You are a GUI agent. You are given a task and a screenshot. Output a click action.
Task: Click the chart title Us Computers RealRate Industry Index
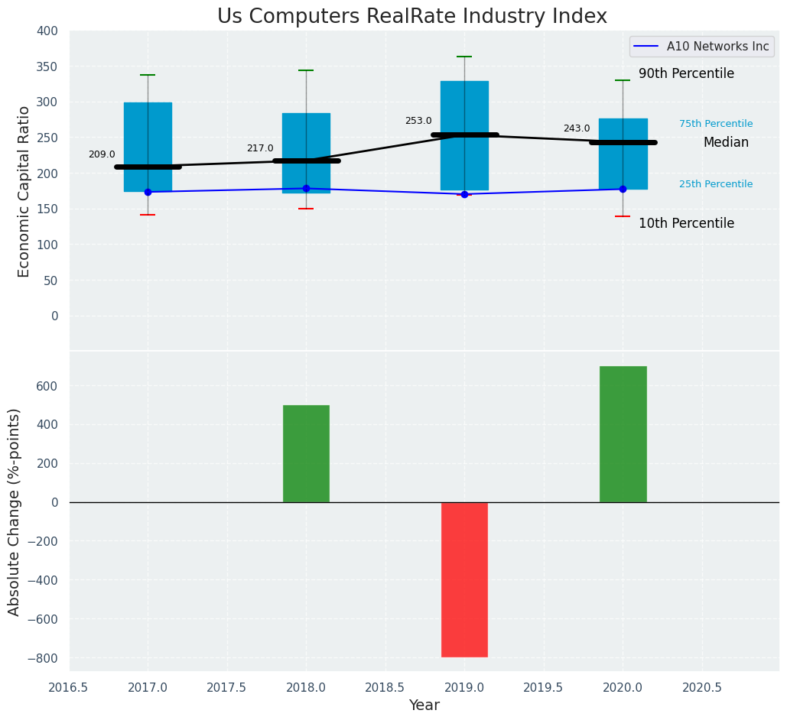point(411,17)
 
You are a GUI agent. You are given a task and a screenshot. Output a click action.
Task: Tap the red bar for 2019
point(464,579)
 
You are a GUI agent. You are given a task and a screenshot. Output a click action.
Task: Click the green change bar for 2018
point(306,454)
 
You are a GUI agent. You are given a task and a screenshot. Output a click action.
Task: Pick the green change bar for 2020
point(623,434)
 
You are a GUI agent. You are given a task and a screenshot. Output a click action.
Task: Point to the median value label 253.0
point(418,121)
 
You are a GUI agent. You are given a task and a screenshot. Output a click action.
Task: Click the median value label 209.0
point(102,154)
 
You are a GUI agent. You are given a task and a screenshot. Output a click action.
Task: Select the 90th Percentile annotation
point(686,74)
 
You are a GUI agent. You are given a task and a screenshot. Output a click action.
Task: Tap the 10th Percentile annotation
point(686,224)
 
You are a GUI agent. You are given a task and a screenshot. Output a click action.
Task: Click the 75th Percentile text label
point(715,124)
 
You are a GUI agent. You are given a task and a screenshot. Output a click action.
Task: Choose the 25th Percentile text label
point(715,184)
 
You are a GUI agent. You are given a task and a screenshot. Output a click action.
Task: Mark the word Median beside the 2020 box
point(726,143)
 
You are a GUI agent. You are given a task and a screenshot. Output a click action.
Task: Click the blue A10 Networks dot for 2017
point(148,192)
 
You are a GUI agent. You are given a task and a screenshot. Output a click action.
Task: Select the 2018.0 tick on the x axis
point(306,687)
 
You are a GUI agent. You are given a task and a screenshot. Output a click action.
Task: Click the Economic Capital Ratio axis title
point(24,191)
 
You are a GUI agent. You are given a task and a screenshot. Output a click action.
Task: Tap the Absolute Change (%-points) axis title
point(15,511)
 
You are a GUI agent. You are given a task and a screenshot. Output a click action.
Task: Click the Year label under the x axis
point(424,705)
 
